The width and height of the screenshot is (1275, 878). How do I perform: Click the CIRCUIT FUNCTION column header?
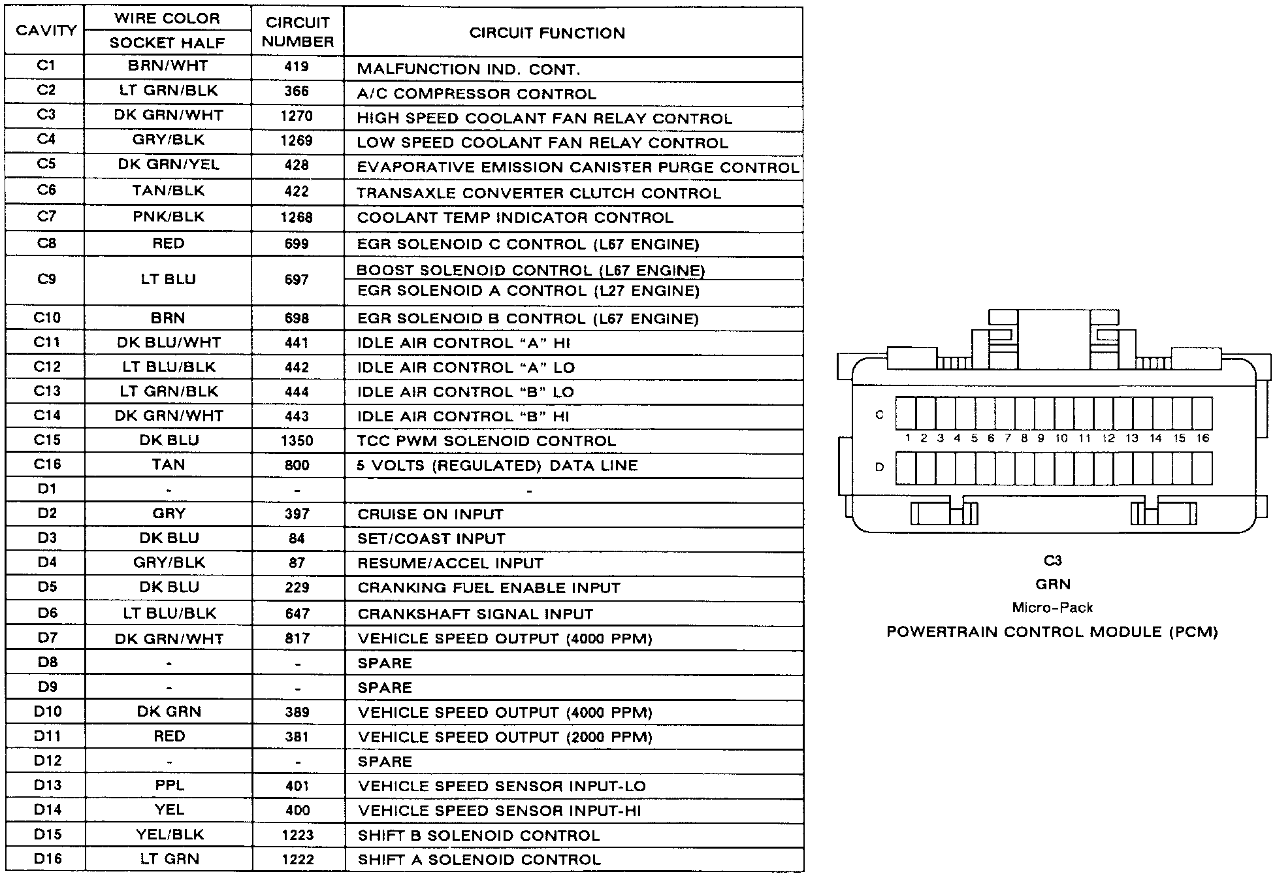point(547,33)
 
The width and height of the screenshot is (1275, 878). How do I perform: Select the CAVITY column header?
point(46,31)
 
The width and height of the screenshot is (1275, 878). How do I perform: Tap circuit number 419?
point(297,67)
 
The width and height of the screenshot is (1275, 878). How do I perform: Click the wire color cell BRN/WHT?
point(168,66)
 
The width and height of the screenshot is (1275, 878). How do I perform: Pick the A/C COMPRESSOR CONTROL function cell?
point(476,94)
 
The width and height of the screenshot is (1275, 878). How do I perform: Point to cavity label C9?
point(46,280)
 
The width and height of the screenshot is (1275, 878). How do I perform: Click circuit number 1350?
point(297,441)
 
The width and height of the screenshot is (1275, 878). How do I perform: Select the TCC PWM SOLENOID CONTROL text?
point(486,441)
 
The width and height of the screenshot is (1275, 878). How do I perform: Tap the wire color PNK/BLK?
point(169,217)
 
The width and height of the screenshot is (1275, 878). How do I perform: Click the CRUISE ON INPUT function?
point(430,515)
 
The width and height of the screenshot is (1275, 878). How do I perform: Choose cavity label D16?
point(47,859)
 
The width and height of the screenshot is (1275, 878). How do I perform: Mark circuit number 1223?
point(297,835)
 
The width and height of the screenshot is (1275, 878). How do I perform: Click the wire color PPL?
point(169,785)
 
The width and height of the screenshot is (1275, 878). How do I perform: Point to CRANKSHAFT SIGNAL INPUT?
point(475,614)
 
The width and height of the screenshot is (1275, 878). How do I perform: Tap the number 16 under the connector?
point(1202,438)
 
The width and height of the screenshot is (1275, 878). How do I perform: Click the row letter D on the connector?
point(879,467)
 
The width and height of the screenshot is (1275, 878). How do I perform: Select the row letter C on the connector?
point(879,415)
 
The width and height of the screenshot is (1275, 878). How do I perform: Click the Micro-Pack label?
point(1052,608)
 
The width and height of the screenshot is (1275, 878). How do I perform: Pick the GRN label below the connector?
point(1052,584)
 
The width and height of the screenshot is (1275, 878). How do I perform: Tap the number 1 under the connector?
point(907,438)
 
